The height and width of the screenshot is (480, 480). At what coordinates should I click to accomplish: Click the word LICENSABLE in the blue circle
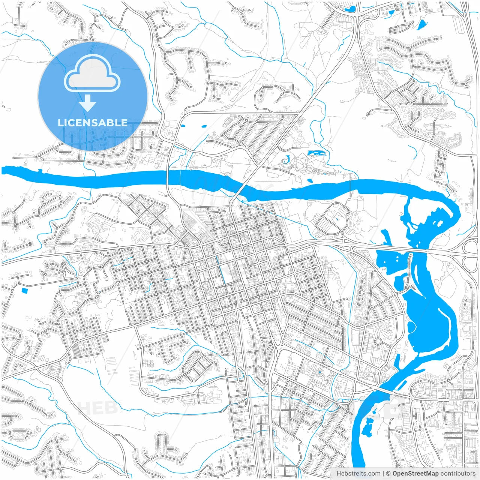pos(93,123)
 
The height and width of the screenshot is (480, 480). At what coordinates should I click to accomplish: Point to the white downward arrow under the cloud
pos(88,103)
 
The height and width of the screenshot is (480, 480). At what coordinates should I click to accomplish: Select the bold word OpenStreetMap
pos(415,474)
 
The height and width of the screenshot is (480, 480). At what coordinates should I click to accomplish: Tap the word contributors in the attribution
pos(458,474)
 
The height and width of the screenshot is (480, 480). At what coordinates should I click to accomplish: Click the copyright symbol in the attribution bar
pos(388,474)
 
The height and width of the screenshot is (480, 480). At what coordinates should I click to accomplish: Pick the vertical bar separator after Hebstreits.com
pos(383,474)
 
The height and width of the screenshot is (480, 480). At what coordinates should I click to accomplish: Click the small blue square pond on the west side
pos(25,290)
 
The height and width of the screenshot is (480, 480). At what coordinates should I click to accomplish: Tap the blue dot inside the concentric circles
pos(319,372)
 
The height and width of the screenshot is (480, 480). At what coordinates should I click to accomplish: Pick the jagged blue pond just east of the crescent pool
pos(316,153)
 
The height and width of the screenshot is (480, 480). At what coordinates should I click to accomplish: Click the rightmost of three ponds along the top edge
pos(422,25)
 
